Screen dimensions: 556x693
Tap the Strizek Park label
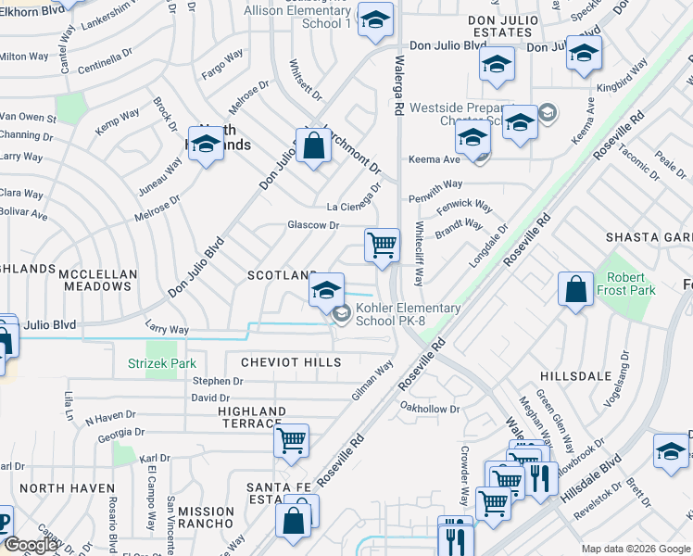pyautogui.click(x=161, y=363)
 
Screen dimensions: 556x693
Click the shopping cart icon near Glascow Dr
pyautogui.click(x=382, y=246)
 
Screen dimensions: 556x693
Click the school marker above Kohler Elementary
pyautogui.click(x=326, y=290)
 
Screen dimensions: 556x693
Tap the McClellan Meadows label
pyautogui.click(x=96, y=281)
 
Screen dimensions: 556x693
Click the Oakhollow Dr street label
pyautogui.click(x=429, y=408)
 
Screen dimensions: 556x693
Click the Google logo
pyautogui.click(x=31, y=545)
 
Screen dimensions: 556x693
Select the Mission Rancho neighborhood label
pyautogui.click(x=206, y=517)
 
